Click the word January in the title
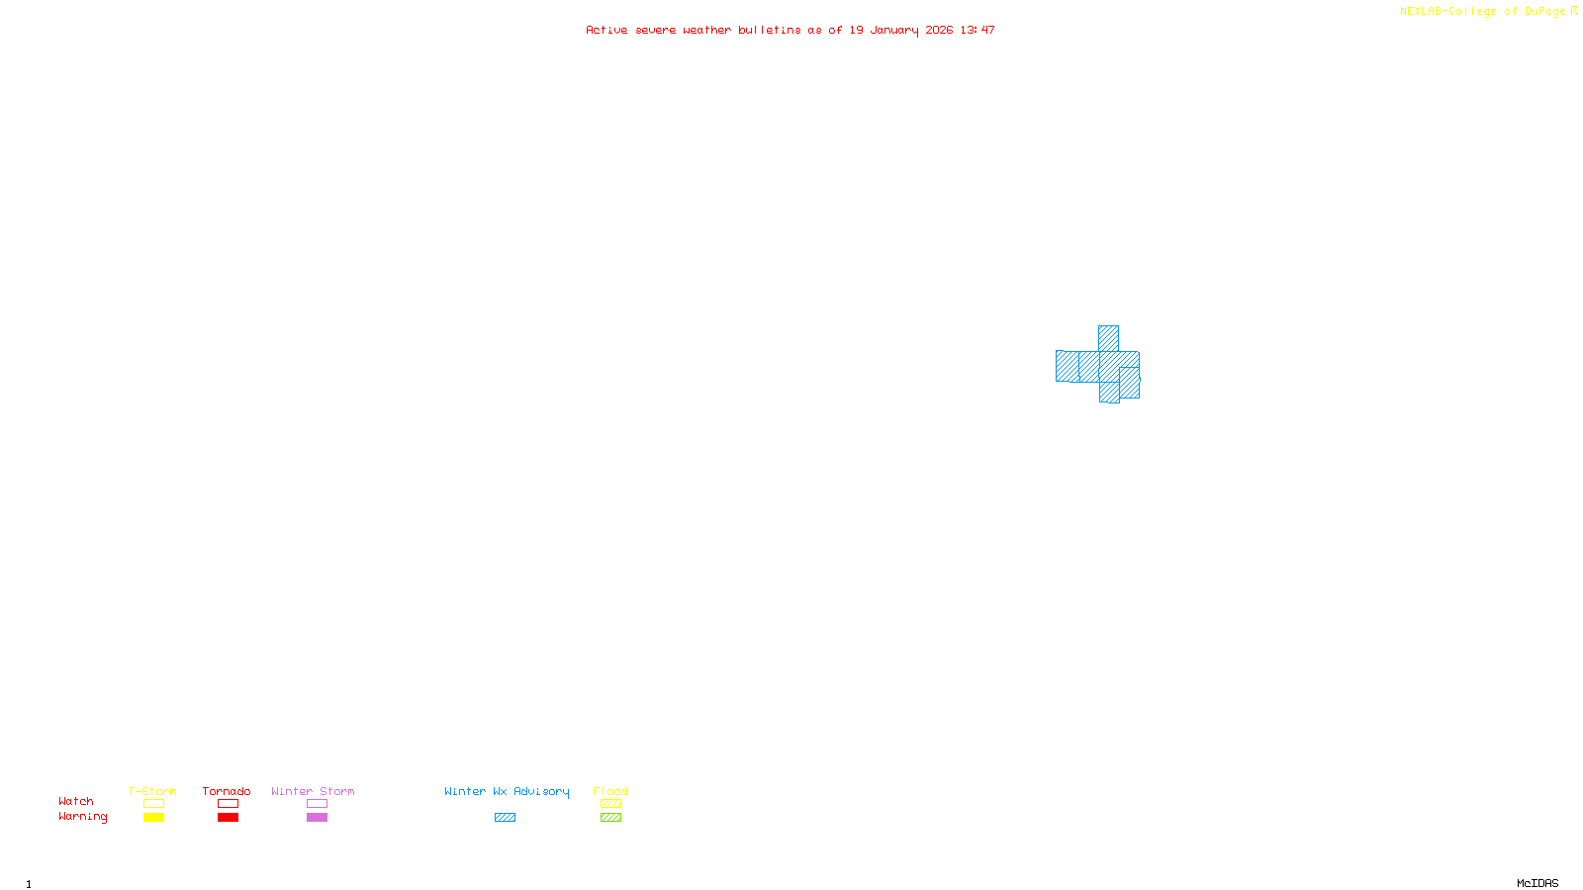[x=893, y=31]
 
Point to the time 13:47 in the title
[x=977, y=31]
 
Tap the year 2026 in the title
[x=939, y=31]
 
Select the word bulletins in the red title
[x=769, y=31]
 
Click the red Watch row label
[x=76, y=802]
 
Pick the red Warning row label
[x=82, y=817]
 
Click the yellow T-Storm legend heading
[x=152, y=791]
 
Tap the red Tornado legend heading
[x=227, y=791]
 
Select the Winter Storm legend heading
[x=313, y=791]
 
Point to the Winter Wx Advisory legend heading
[x=507, y=791]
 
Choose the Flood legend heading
[x=610, y=791]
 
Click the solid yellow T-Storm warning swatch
[x=153, y=818]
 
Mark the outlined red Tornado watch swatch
[x=228, y=804]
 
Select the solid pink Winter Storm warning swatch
[x=317, y=818]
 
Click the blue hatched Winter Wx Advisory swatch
[x=505, y=818]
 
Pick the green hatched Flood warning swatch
[x=610, y=818]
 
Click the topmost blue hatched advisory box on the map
[x=1108, y=338]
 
